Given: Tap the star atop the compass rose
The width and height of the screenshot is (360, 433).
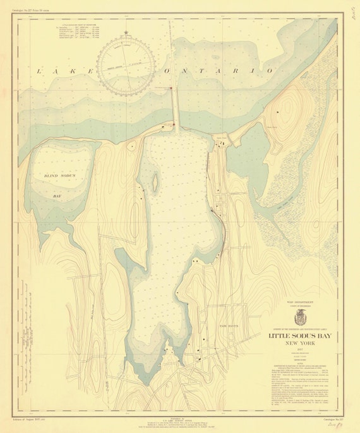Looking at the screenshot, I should (127, 33).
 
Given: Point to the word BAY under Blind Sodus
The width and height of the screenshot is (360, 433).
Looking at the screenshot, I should (57, 196).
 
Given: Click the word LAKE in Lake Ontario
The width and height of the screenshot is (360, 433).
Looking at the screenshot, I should (57, 72).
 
